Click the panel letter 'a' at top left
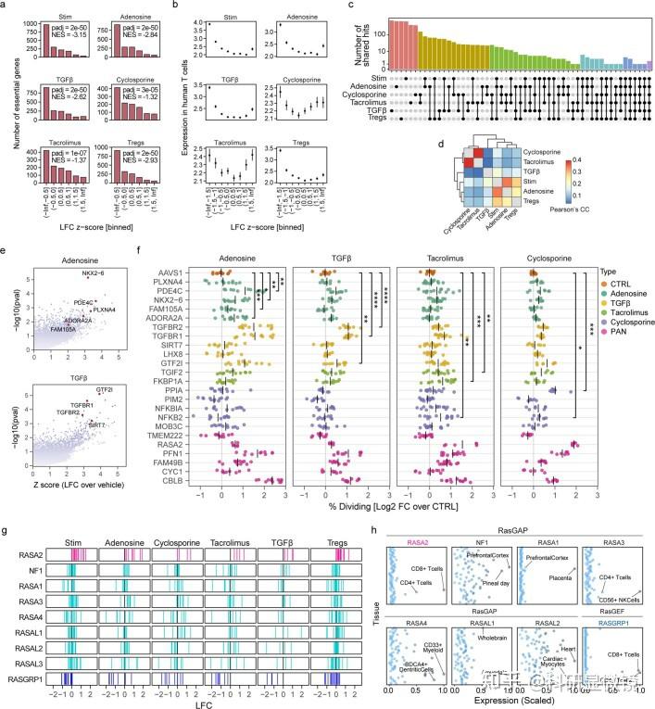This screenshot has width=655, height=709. [6, 6]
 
